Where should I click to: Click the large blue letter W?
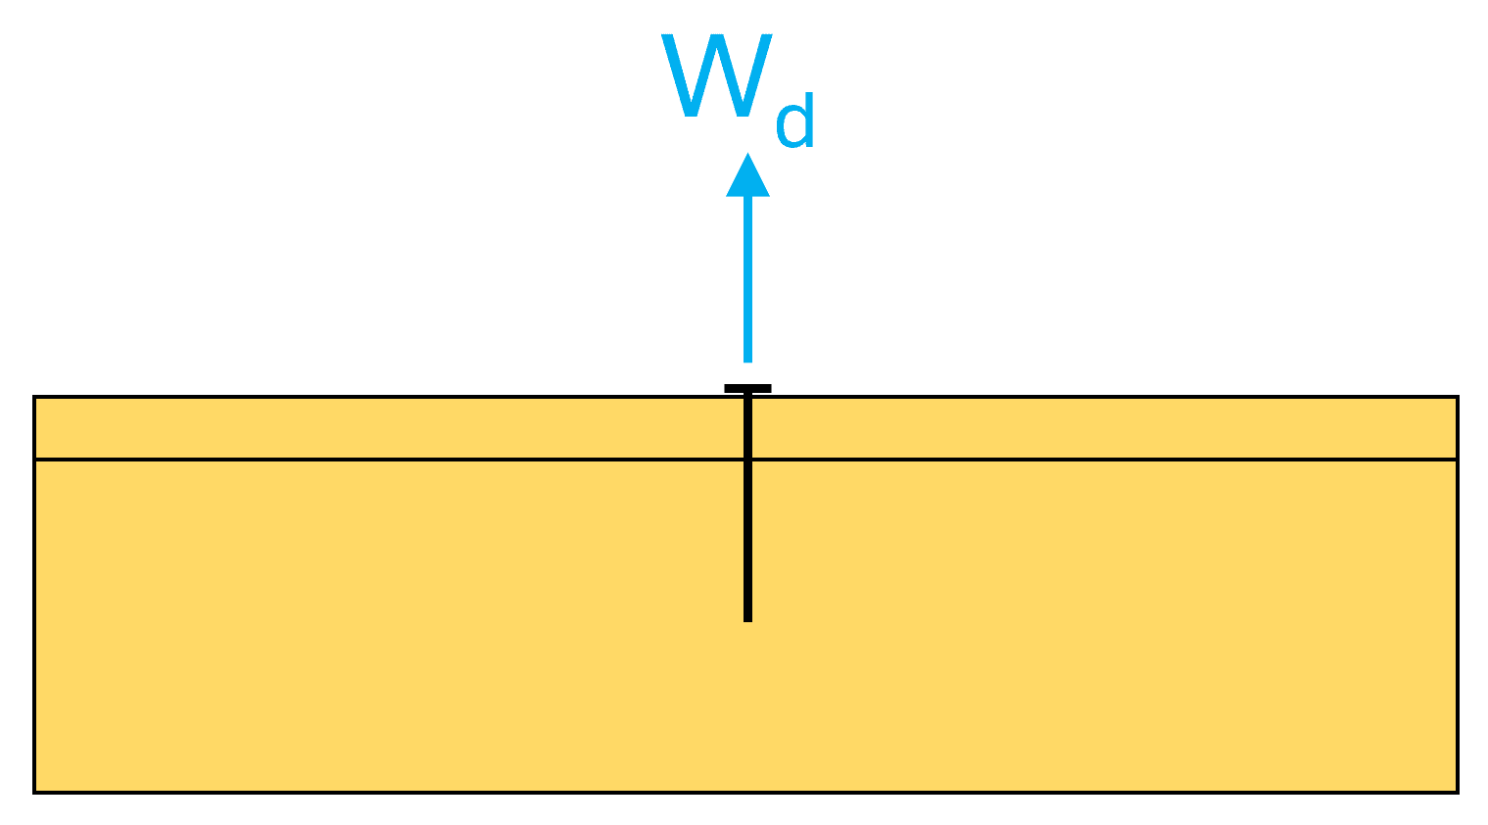pos(716,75)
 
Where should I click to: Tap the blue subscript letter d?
pos(795,121)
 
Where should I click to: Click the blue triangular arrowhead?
pos(748,175)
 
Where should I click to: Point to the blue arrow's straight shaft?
pos(748,279)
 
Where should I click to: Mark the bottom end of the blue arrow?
pos(748,362)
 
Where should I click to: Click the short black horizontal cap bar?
pos(748,389)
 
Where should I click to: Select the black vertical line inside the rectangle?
pos(748,508)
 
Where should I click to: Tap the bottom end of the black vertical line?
pos(748,622)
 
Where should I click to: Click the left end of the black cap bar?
pos(725,389)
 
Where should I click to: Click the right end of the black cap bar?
pos(771,389)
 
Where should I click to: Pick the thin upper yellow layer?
pos(399,428)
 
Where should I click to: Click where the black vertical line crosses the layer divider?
pos(748,459)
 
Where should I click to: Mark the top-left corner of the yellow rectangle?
pos(34,397)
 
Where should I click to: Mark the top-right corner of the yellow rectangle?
pos(1458,397)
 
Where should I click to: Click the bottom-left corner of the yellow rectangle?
pos(34,793)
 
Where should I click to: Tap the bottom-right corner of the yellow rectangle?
pos(1458,793)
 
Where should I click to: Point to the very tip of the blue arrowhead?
pos(748,154)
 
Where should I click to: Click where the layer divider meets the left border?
pos(34,459)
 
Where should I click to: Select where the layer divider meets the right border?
pos(1458,459)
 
